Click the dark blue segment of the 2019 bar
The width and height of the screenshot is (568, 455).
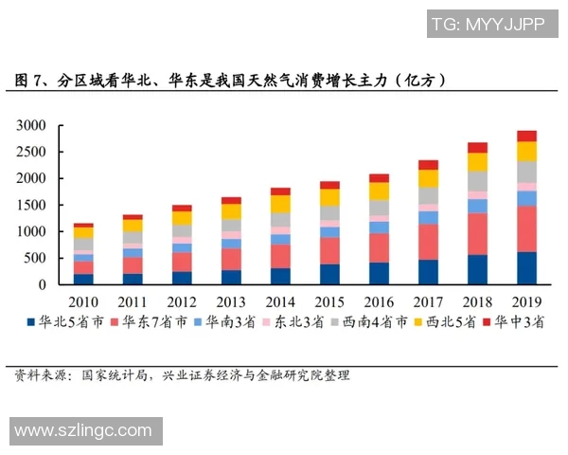[526, 268]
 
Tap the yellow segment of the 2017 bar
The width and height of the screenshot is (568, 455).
[428, 178]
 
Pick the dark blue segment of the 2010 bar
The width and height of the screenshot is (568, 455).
[83, 279]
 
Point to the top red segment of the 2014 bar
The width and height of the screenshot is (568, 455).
[280, 191]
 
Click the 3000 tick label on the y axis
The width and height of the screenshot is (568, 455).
[31, 125]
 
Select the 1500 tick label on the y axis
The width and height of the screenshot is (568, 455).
[31, 205]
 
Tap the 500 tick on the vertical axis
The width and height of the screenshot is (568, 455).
[35, 258]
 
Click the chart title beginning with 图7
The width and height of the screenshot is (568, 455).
[231, 81]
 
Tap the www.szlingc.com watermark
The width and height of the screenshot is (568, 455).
[83, 430]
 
